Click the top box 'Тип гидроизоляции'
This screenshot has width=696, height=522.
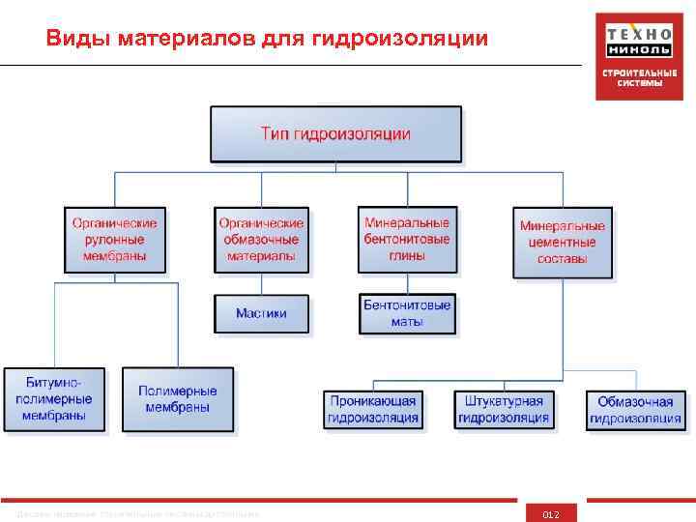[x=335, y=133]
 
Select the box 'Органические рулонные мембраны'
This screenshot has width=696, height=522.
[x=114, y=239]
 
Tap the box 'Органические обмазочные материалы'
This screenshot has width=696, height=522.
[x=261, y=239]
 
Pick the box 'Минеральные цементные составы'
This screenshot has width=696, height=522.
[x=563, y=243]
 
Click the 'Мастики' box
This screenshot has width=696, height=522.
[x=261, y=313]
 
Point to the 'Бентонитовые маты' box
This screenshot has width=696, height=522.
[x=407, y=313]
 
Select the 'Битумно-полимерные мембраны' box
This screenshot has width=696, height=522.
[x=53, y=398]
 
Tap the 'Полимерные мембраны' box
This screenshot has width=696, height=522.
[x=178, y=398]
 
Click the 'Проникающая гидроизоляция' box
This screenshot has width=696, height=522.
[x=373, y=409]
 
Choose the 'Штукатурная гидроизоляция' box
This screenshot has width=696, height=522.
[x=503, y=409]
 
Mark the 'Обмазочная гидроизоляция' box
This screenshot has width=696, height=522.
[x=635, y=410]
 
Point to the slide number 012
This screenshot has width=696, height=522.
[x=551, y=513]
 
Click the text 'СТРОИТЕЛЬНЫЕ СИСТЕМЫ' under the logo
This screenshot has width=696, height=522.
[x=633, y=78]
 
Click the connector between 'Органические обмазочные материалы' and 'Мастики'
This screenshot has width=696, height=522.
[x=261, y=283]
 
